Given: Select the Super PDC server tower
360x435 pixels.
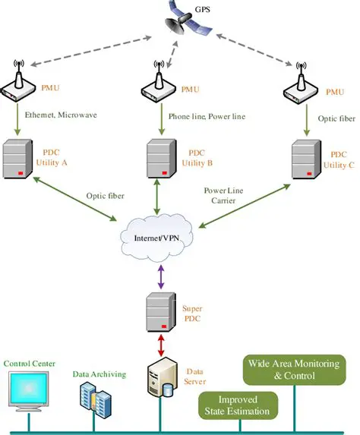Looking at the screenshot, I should pyautogui.click(x=159, y=312).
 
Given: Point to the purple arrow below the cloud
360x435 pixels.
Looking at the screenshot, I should pyautogui.click(x=159, y=275).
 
